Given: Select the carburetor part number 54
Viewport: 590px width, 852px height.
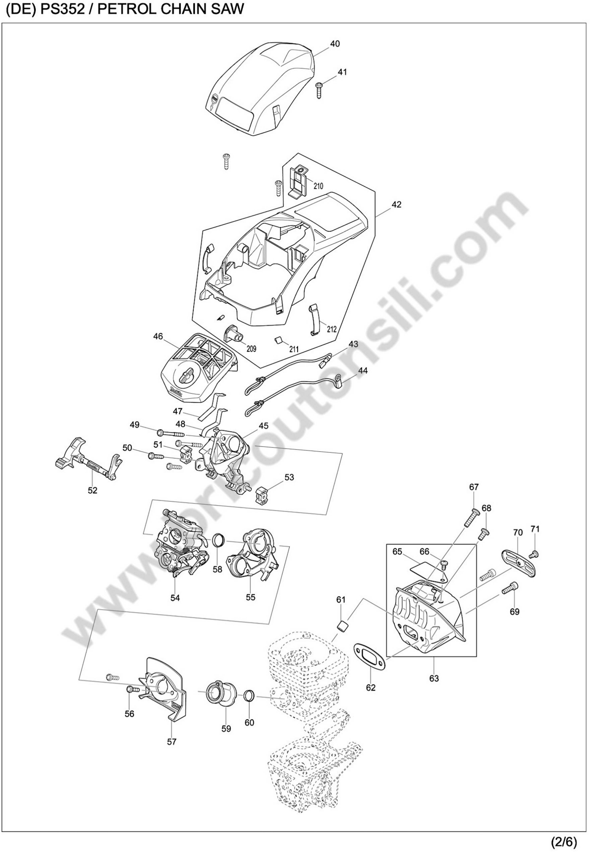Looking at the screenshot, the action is tap(175, 597).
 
